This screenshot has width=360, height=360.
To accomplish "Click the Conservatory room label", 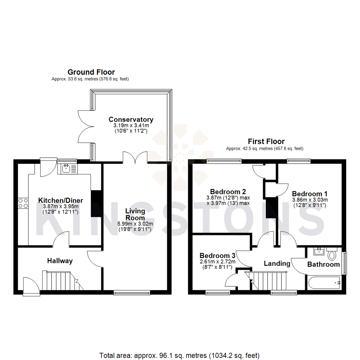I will point(131,119).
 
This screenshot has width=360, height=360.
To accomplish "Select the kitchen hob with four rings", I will point(23,203).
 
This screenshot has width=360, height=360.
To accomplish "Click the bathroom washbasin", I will point(319,251).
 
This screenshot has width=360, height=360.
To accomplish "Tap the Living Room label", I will point(135,214).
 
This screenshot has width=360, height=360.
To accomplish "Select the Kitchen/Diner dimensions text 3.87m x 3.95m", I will point(60,207).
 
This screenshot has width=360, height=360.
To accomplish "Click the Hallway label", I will point(60,261).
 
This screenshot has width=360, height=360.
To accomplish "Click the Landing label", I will point(277,263).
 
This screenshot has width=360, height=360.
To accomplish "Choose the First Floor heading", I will point(266,141).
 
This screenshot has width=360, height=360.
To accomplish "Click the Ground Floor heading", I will point(91,72).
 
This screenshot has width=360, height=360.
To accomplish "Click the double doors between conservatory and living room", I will point(135,157).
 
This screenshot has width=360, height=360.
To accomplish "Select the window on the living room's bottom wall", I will point(132,293).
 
